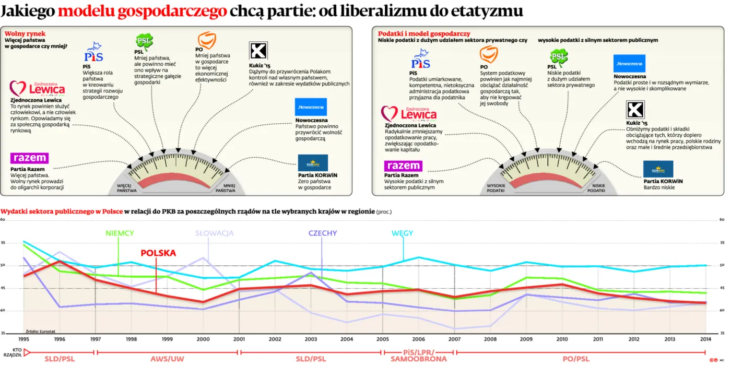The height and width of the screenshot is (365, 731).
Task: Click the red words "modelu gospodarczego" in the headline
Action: (x=142, y=11)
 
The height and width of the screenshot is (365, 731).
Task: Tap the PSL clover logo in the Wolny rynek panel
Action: (x=144, y=41)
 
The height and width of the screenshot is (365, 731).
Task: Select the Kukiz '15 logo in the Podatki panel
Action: (x=635, y=110)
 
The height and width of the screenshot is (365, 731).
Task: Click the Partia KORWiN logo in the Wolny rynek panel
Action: (x=313, y=163)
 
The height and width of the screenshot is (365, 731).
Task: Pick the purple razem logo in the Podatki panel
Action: (x=403, y=166)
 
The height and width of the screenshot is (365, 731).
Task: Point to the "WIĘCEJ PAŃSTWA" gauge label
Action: (x=127, y=188)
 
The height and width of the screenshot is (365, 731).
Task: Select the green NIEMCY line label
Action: (x=120, y=233)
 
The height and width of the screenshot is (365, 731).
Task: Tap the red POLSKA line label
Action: (x=158, y=253)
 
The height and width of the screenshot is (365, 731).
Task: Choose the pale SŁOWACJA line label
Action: (x=215, y=233)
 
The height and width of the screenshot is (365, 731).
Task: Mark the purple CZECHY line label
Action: (x=322, y=233)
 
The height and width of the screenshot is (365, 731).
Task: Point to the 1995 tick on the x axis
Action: (x=23, y=339)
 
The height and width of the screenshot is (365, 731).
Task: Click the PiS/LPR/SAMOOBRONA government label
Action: (x=418, y=356)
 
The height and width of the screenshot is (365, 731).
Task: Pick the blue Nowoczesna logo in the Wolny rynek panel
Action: (x=311, y=107)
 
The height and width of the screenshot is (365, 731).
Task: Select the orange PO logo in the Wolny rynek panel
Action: (x=206, y=40)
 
